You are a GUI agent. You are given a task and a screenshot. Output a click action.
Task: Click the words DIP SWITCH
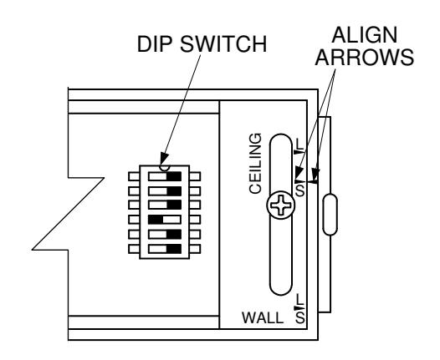click(x=202, y=44)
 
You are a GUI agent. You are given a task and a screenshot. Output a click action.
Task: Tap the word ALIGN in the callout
click(x=364, y=35)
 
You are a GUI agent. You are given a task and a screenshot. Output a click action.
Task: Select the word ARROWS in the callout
click(x=364, y=57)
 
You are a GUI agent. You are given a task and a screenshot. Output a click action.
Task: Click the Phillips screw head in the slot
click(x=280, y=205)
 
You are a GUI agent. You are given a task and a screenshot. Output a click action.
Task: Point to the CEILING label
click(x=255, y=164)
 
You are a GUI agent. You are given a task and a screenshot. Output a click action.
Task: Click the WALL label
click(x=263, y=317)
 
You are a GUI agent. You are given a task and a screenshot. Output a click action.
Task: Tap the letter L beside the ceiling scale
click(x=300, y=145)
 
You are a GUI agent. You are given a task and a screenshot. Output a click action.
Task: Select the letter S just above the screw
click(x=300, y=190)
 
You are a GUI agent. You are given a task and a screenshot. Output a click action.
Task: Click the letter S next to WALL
click(x=300, y=318)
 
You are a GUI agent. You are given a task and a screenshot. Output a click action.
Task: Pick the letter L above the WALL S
click(x=300, y=299)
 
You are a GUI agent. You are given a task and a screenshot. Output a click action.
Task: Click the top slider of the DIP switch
click(x=165, y=176)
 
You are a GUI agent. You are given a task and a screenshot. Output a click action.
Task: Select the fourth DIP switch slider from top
click(x=165, y=220)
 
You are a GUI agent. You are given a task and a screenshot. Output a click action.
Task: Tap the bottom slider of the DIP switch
click(x=165, y=249)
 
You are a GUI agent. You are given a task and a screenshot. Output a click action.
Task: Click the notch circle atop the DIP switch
click(x=165, y=168)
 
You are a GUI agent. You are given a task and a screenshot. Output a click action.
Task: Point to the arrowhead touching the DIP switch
click(x=164, y=160)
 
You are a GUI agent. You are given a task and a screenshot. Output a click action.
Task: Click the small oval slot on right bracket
click(x=330, y=215)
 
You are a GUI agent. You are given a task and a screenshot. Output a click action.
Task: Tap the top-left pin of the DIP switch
click(x=134, y=176)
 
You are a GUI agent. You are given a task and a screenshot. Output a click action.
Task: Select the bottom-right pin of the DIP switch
click(x=195, y=249)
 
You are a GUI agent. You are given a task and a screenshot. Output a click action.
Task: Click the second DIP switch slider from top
click(x=165, y=191)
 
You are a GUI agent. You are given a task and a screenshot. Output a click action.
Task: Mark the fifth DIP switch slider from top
click(x=165, y=234)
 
